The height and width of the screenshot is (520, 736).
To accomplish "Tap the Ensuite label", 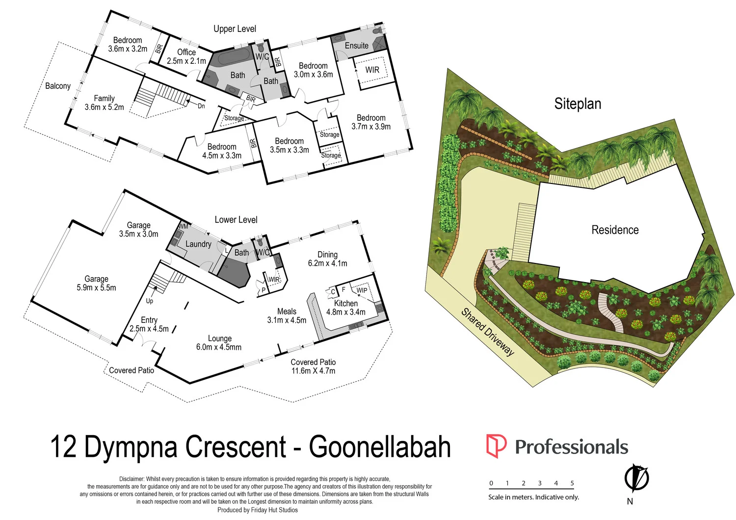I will (356, 46).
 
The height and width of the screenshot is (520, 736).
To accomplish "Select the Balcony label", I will (58, 86).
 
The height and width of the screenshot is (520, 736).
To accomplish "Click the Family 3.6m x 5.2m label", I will (104, 103).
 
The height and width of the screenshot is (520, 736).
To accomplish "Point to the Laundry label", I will (198, 244).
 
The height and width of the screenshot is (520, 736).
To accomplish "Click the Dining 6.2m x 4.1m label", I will (327, 259).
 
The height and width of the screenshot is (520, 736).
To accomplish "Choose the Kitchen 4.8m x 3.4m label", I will (346, 308).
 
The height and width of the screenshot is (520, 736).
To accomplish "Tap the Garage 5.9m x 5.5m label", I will (96, 283).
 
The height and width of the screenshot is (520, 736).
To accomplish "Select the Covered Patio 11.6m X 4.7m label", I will (313, 366).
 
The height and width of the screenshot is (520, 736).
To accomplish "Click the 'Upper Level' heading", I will (235, 29).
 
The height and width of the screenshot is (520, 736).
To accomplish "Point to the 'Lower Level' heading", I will (236, 220).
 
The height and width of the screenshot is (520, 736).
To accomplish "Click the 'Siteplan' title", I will (578, 104).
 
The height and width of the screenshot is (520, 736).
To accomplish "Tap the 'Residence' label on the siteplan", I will (615, 230).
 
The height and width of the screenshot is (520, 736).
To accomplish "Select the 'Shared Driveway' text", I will (487, 332).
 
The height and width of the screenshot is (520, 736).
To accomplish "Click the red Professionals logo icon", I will (496, 446).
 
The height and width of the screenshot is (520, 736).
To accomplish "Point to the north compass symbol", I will (636, 478).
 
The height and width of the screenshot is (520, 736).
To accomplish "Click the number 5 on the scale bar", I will (572, 483).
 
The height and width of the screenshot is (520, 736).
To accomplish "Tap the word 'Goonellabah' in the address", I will (380, 446).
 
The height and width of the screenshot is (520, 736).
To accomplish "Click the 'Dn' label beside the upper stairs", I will (201, 106).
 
